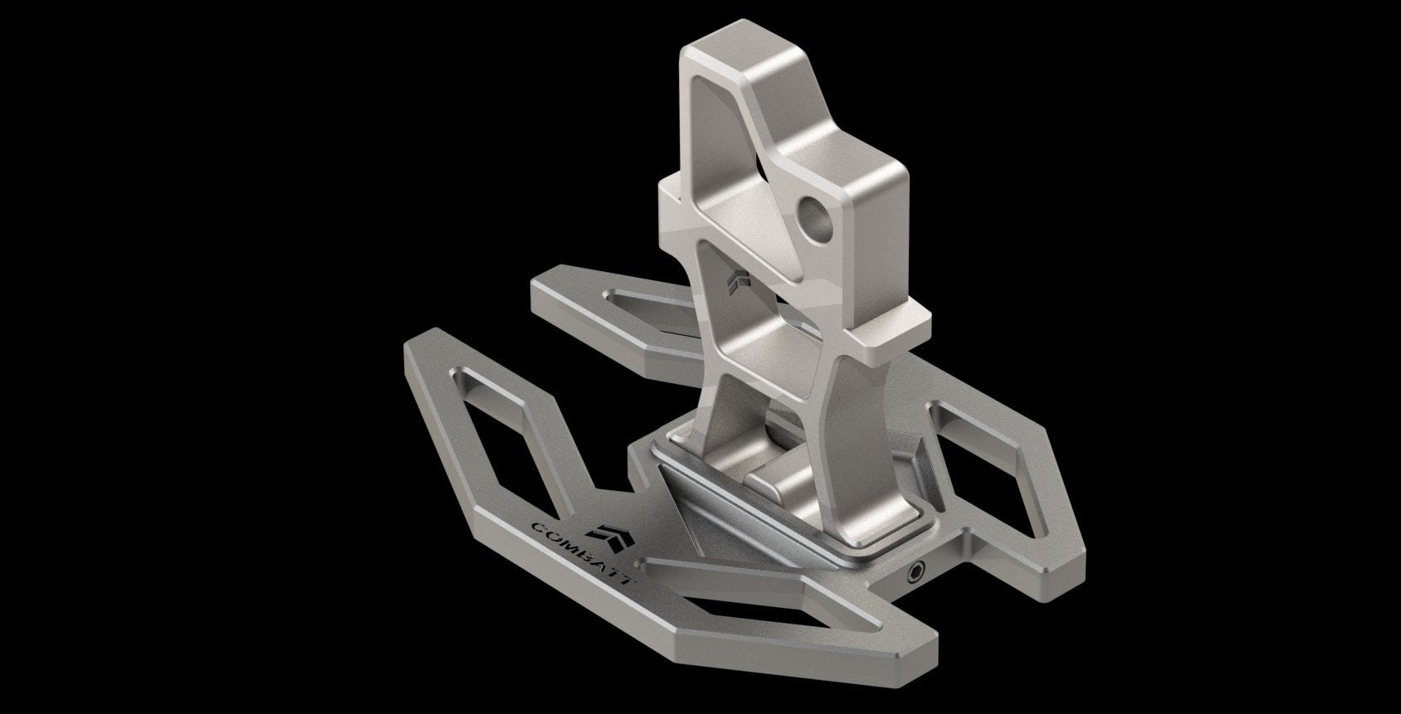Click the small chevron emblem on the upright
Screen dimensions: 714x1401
click(737, 286)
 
